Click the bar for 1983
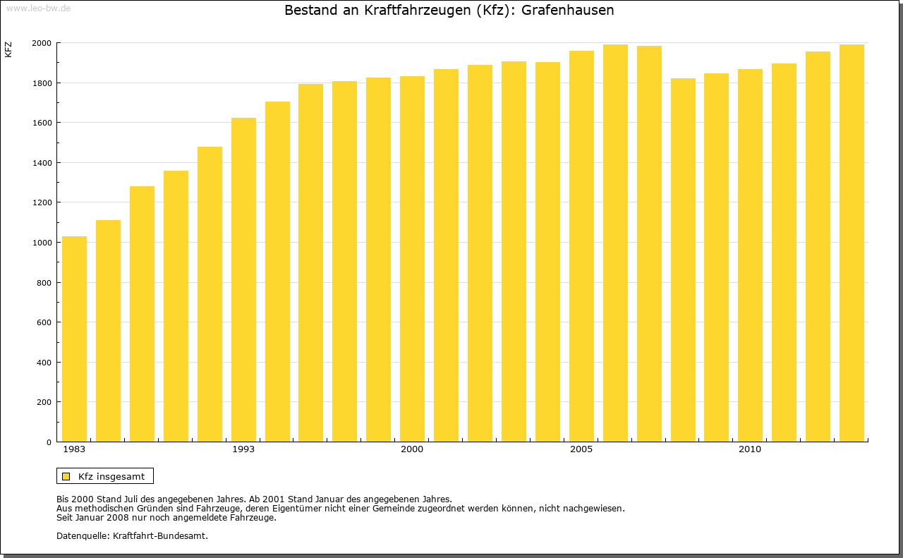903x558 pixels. point(74,339)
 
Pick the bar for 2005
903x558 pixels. point(581,246)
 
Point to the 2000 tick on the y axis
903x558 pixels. point(42,43)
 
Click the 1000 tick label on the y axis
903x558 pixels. point(42,243)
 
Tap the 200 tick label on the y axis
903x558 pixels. point(44,402)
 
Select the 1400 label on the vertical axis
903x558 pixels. point(42,163)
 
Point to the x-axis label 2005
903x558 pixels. point(581,449)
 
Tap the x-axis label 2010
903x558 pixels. point(750,449)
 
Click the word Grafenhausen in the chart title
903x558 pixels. point(568,11)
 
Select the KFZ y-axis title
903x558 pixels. point(8,49)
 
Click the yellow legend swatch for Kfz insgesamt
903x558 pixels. point(66,476)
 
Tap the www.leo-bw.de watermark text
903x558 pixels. point(37,8)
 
